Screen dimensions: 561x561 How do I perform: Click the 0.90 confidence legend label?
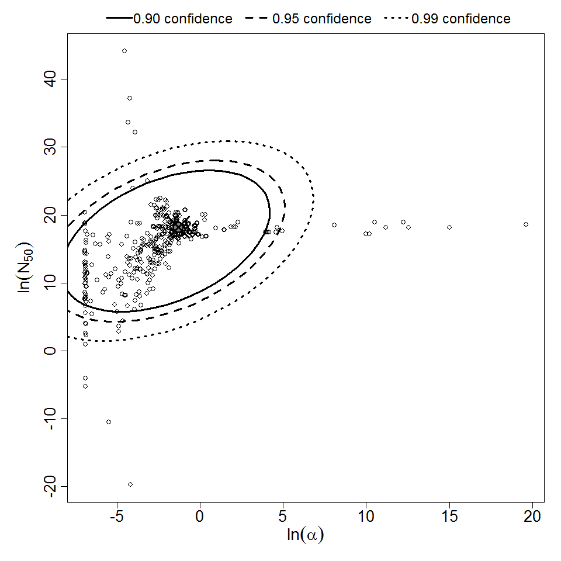click(183, 19)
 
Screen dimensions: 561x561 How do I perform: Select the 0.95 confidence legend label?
click(322, 19)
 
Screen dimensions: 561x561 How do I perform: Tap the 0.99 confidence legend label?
click(461, 19)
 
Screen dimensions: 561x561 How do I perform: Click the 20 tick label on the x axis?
click(532, 517)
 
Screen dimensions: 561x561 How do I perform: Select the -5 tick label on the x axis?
click(117, 517)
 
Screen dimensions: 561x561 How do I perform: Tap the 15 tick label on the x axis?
click(449, 517)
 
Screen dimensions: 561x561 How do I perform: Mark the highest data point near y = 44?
click(124, 51)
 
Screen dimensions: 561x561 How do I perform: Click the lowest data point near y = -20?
click(130, 484)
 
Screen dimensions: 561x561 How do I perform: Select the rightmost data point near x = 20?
click(526, 224)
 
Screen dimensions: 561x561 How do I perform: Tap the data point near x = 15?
click(449, 227)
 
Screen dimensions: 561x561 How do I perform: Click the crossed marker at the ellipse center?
click(178, 228)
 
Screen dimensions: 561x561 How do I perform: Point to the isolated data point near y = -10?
click(109, 422)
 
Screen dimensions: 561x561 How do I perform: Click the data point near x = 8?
click(334, 225)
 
